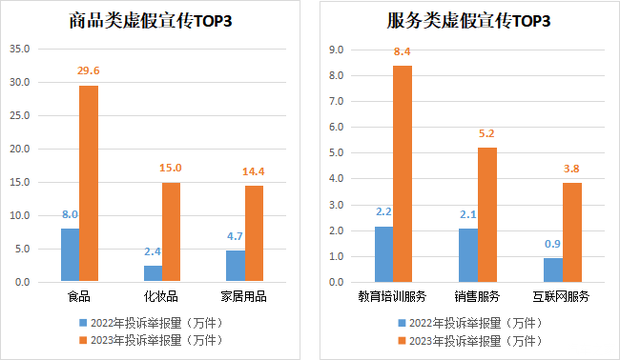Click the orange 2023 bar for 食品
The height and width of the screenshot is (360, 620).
(89, 183)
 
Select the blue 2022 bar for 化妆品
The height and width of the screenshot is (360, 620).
(152, 273)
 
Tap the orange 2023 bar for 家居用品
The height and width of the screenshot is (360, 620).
(254, 233)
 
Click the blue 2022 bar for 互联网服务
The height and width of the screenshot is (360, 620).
(552, 270)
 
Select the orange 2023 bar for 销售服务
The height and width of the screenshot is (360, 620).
(487, 215)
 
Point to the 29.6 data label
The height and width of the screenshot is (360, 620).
(89, 70)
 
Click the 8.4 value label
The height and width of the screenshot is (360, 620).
(402, 51)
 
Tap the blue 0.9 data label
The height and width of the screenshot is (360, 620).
(551, 244)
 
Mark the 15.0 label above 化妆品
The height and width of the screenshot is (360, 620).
(171, 168)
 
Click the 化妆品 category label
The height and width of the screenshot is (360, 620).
(161, 297)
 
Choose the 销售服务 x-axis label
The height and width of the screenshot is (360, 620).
(477, 297)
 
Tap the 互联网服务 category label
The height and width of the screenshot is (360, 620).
(561, 297)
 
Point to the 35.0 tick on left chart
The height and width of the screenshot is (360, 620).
(21, 49)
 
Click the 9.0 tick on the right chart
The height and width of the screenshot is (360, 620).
(336, 49)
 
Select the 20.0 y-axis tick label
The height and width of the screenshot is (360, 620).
(21, 149)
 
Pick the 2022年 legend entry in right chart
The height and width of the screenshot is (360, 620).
(464, 324)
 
